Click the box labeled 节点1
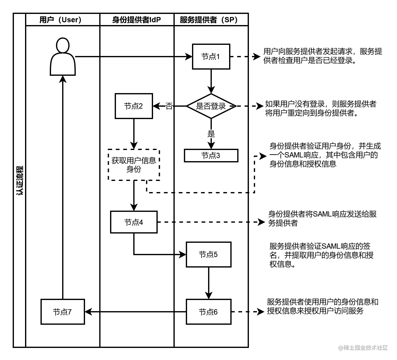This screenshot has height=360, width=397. coord(211,57)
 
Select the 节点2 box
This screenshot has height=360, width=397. coord(134,106)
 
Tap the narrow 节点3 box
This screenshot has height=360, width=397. coord(211,156)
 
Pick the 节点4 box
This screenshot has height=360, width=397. coord(134,222)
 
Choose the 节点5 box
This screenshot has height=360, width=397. coord(208,255)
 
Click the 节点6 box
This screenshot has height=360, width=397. coord(208,312)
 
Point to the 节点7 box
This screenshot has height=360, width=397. coord(62,312)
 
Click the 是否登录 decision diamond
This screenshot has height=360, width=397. coord(211,106)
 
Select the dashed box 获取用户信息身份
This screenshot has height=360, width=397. coord(134,165)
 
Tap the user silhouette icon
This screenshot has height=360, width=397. coord(63,57)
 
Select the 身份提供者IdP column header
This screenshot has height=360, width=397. coord(136,20)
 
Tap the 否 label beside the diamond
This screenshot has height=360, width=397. coord(169,106)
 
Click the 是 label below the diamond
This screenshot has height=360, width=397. coord(211,134)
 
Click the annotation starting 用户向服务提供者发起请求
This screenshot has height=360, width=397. coord(322,56)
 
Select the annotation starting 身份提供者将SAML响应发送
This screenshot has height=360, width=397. coord(322,218)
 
